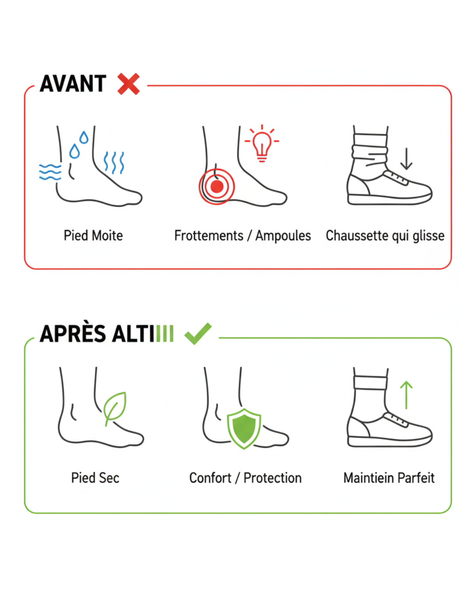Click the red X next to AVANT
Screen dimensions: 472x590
(x=128, y=84)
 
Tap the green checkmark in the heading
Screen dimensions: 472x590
(x=198, y=333)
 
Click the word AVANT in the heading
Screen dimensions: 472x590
(x=73, y=83)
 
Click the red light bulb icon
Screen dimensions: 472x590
(x=262, y=143)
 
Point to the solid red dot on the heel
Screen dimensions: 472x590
(x=217, y=187)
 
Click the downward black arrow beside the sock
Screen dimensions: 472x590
(x=406, y=159)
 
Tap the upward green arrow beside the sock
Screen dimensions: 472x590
(x=406, y=395)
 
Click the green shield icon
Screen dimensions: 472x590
(x=244, y=429)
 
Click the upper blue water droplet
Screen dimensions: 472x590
(x=84, y=137)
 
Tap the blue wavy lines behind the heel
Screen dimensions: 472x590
(x=50, y=172)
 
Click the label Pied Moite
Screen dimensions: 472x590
(x=93, y=235)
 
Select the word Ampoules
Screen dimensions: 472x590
(x=283, y=236)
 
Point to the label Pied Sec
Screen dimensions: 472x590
(x=95, y=478)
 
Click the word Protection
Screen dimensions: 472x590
(x=273, y=478)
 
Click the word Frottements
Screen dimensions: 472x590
(x=209, y=236)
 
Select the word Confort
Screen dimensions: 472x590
(x=210, y=478)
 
